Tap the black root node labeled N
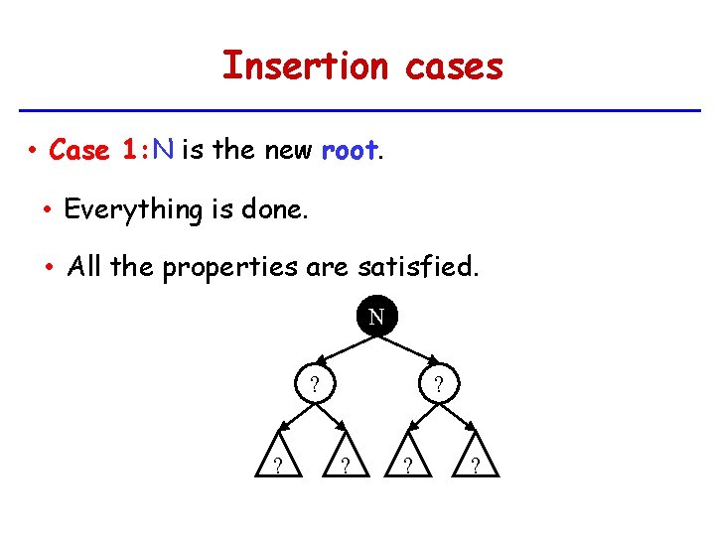[376, 318]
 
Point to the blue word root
[350, 150]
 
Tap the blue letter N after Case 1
[164, 150]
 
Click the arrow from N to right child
[408, 352]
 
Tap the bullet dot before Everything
[48, 209]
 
